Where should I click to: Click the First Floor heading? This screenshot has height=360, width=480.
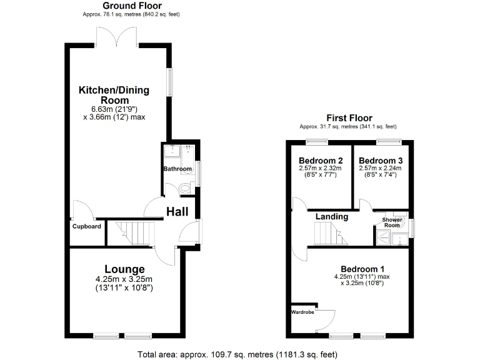tap(349, 117)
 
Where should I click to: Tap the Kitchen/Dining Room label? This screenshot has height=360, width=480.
tap(114, 95)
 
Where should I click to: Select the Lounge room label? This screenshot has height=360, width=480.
tap(124, 269)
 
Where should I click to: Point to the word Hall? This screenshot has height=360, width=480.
tap(177, 212)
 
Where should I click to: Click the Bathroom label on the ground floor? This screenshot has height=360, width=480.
tap(177, 169)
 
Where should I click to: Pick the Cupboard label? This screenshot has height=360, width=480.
tap(86, 226)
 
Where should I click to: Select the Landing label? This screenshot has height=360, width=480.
tap(331, 216)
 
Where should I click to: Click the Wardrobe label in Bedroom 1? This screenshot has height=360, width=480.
tap(303, 311)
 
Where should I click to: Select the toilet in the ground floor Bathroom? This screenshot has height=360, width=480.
tap(186, 189)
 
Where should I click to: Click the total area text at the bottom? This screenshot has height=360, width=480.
tap(237, 354)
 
